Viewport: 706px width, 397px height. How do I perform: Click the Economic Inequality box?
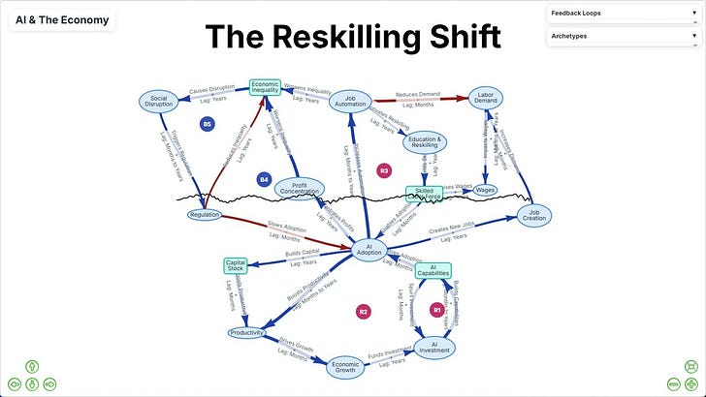click(265, 88)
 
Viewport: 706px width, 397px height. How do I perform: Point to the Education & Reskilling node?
click(424, 142)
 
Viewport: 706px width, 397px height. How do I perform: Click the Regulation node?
click(205, 215)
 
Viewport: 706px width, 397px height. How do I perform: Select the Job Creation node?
click(534, 214)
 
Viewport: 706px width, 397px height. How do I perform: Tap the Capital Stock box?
click(236, 265)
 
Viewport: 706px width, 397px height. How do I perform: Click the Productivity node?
click(247, 333)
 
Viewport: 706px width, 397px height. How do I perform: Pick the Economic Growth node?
click(345, 365)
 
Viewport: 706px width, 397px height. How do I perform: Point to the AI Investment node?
click(435, 346)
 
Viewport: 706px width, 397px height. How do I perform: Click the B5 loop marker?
click(207, 124)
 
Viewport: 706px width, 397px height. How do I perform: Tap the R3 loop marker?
click(384, 170)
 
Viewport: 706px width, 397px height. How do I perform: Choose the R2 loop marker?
click(364, 312)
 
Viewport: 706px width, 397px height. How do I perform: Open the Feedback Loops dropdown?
click(624, 14)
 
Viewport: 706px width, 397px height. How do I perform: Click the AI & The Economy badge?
click(61, 20)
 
